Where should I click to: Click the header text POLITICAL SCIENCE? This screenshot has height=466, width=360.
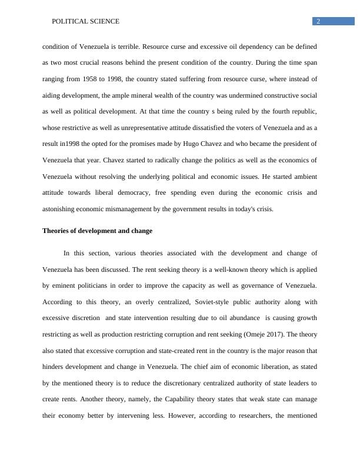pyautogui.click(x=86, y=21)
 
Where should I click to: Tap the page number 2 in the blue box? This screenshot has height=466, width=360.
pyautogui.click(x=318, y=21)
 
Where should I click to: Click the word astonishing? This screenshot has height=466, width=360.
pyautogui.click(x=61, y=208)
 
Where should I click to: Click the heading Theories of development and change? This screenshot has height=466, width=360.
pyautogui.click(x=97, y=231)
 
